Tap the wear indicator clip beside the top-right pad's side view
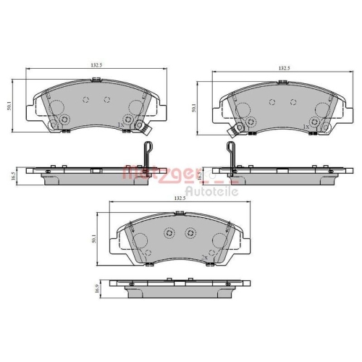coord(231,157)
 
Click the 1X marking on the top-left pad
coord(119,125)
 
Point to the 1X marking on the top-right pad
coord(306,127)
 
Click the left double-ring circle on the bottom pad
coord(169,233)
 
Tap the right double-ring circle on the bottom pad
coord(190,233)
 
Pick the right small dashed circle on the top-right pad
coord(293,104)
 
